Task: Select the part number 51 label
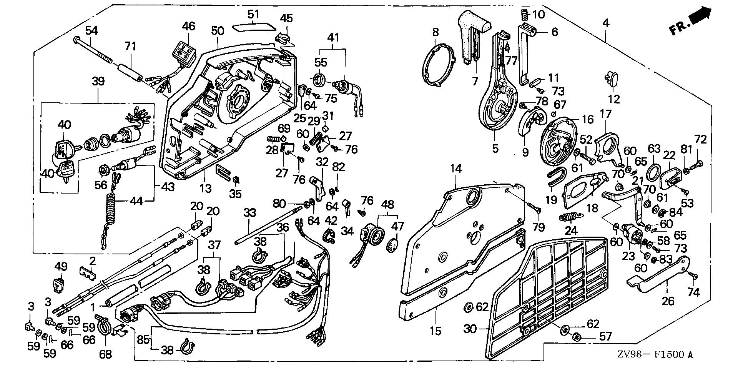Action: (253, 15)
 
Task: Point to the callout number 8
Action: (435, 32)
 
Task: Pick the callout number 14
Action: (456, 169)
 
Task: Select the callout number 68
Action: (105, 353)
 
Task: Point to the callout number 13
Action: (206, 188)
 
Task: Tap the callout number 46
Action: (188, 26)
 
